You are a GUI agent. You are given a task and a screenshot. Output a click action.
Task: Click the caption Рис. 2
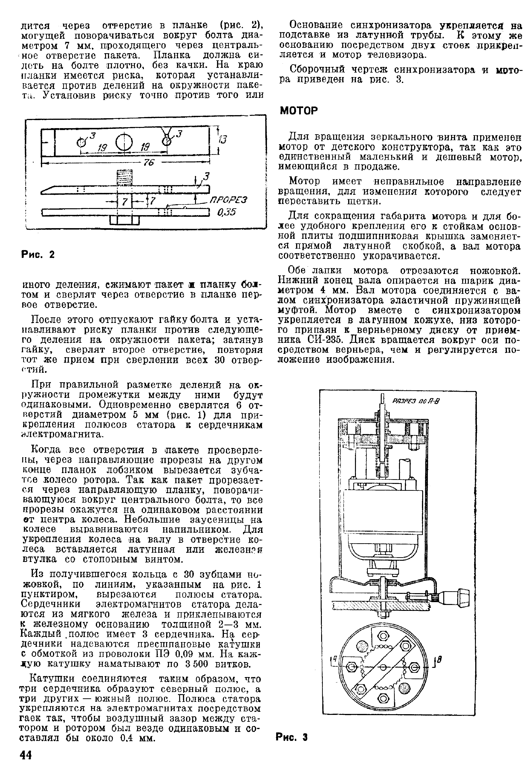tap(38, 255)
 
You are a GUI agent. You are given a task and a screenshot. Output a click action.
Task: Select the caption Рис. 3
tap(291, 737)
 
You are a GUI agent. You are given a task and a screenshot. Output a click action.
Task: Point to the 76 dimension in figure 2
tap(149, 162)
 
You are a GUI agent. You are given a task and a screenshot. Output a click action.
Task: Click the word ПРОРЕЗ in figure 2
tap(228, 200)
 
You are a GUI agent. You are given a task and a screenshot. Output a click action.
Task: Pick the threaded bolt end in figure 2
tap(124, 177)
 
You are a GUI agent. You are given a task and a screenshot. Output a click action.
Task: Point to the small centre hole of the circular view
tap(382, 667)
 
